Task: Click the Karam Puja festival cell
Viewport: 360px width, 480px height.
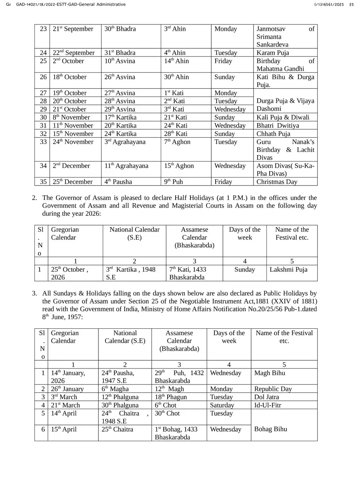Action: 273,53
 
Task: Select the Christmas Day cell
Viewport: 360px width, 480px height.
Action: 277,182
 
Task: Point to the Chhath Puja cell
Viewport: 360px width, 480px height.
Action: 273,134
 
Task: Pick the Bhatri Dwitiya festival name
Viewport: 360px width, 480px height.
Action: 278,126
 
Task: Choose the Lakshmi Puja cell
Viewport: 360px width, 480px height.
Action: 288,270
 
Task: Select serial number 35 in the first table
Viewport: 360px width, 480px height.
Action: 43,182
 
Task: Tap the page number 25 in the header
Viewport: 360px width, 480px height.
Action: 351,4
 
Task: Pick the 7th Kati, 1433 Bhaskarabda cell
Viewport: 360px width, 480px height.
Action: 188,273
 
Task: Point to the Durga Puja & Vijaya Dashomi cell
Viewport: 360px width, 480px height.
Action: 285,105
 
